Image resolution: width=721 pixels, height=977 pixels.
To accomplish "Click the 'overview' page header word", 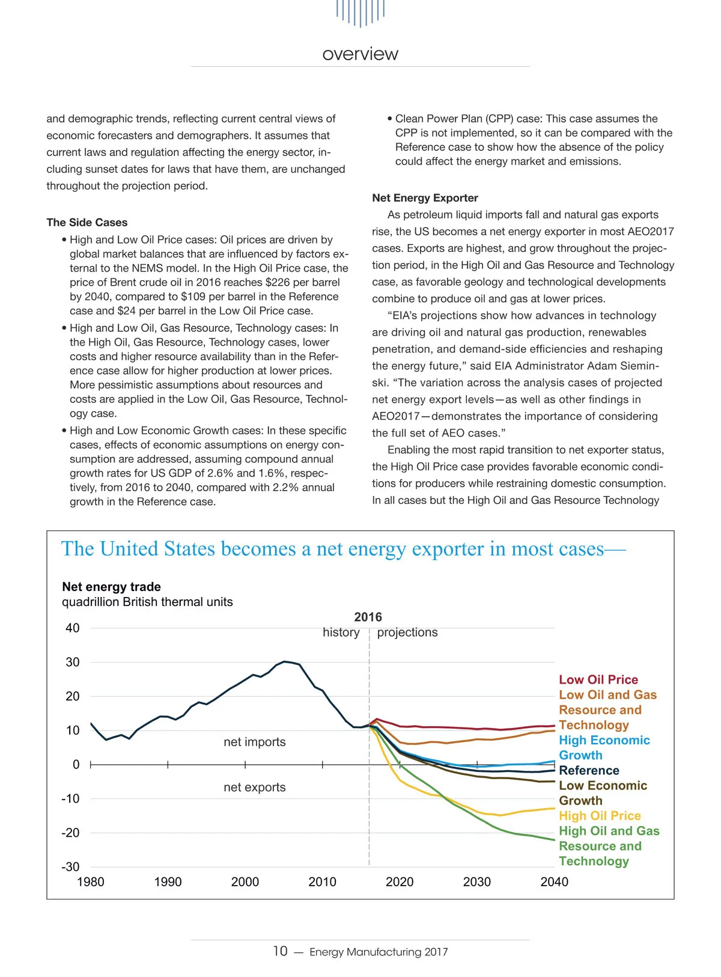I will pos(360,54).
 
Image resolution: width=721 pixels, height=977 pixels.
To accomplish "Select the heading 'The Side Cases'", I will pos(87,222).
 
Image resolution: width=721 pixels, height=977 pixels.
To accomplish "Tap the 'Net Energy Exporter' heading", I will pos(425,198).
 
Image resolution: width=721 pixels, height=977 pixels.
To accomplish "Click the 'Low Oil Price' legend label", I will pos(598,680).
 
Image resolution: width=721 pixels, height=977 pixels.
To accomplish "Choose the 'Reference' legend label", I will pos(589,771).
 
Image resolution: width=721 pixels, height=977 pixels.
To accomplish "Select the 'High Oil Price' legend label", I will pos(600,816).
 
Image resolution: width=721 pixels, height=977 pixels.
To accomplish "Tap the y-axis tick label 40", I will pos(72,628).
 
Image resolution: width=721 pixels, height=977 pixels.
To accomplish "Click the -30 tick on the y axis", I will pos(70,867).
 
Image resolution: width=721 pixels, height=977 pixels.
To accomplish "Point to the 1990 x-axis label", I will pos(168,882).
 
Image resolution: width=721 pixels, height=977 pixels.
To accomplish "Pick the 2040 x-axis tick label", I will pos(554,882).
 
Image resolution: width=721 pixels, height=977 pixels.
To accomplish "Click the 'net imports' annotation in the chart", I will pos(255,742).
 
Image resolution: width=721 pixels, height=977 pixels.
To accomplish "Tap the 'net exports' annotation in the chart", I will pos(255,788).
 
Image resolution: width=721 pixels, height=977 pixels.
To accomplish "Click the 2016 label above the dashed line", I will pos(368,617).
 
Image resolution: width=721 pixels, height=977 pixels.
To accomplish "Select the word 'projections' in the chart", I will pos(407,632).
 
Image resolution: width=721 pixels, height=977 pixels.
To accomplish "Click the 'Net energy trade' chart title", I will pos(111,587).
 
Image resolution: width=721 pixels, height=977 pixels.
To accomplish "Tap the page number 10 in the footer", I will pos(280,951).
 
